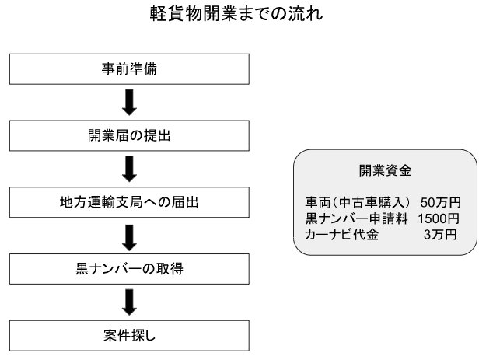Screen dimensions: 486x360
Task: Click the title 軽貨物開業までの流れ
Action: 236,14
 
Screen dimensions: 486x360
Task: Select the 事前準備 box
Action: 129,69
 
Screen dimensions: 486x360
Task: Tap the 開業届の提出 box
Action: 129,136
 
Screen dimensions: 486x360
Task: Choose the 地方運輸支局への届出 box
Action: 129,202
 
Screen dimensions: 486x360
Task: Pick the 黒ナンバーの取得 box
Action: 129,269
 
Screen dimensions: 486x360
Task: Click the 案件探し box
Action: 129,336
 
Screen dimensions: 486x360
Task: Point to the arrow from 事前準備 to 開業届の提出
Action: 129,102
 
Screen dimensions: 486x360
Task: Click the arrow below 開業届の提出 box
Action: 129,169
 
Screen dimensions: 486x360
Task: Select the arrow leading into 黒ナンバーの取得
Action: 129,238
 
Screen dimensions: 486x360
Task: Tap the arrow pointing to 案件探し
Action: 129,302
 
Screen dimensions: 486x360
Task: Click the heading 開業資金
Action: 385,170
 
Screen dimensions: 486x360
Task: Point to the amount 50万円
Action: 440,203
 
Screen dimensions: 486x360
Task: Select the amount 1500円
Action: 439,218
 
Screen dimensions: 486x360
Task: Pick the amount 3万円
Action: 440,235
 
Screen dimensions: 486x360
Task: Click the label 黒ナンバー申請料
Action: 356,218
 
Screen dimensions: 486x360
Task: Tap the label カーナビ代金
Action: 341,235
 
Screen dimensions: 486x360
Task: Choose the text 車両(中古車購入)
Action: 358,203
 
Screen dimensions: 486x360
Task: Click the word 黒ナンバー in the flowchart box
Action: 109,269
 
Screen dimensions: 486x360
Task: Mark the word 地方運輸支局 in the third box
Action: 101,202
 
